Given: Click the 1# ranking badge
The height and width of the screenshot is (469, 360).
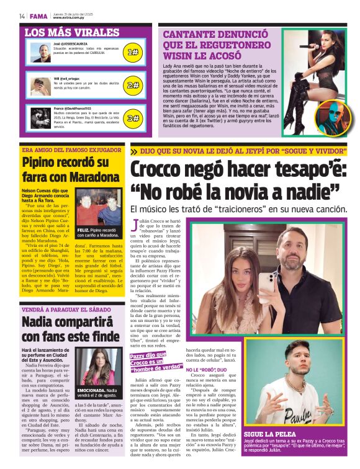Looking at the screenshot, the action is coord(132,53).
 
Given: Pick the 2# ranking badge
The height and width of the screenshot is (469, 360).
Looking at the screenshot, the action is coord(132,85).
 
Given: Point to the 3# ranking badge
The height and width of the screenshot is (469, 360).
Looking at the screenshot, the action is coord(132,118).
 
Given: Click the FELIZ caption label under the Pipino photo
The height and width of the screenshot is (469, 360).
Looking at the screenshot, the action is coord(83,229).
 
